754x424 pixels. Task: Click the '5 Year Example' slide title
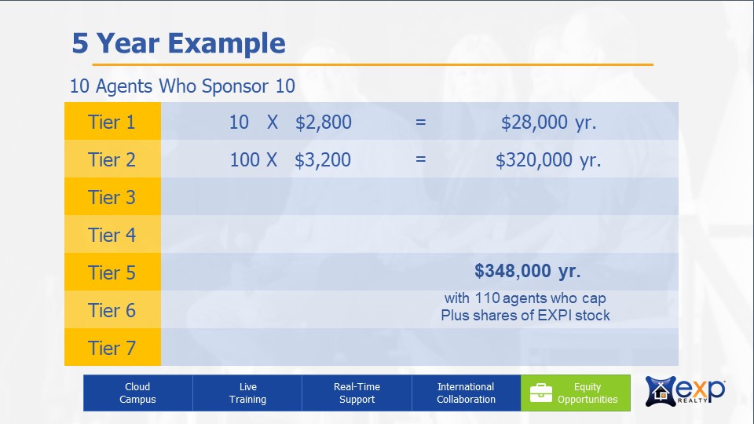(x=178, y=43)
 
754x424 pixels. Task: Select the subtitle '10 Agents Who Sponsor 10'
(x=182, y=86)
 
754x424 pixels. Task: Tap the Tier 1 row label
(x=112, y=122)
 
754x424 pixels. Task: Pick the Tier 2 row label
(x=112, y=159)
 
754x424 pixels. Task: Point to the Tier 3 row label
(x=112, y=197)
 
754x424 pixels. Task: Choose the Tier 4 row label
(x=112, y=235)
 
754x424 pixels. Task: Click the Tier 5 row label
(x=112, y=272)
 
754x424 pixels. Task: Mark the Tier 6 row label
(x=112, y=310)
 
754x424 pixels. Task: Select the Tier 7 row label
(x=112, y=348)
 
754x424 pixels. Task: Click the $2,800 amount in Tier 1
(x=323, y=122)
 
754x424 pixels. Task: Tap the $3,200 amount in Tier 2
(x=323, y=159)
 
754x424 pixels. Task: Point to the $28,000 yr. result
(x=549, y=122)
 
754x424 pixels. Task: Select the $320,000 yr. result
(x=548, y=159)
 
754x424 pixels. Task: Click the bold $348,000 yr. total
(x=528, y=271)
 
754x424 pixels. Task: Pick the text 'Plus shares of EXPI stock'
(x=525, y=316)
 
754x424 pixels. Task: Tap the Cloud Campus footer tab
(x=138, y=393)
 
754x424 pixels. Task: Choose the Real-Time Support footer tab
(x=357, y=393)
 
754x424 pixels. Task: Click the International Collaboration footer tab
(x=466, y=393)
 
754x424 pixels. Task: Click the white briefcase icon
(x=541, y=393)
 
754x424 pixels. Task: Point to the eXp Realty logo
(x=685, y=391)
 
